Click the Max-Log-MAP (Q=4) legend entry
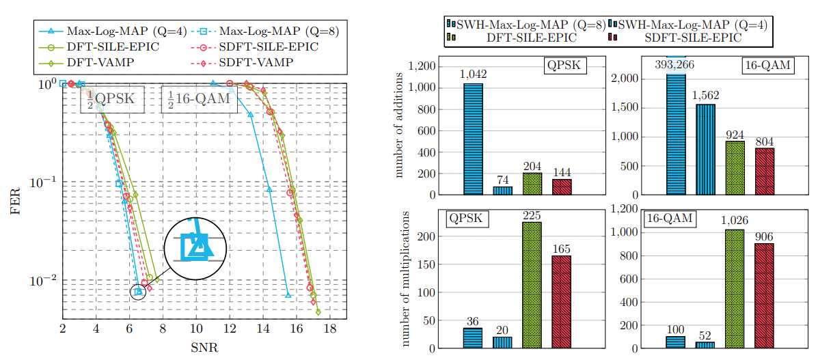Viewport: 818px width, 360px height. tap(109, 31)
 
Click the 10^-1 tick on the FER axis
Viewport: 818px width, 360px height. tap(43, 183)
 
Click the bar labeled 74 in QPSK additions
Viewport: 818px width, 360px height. tap(502, 191)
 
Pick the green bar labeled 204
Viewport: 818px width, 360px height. tap(532, 184)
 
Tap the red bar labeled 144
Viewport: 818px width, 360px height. tap(561, 186)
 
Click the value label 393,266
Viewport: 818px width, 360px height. tap(676, 66)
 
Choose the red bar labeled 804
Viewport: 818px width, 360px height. tap(764, 171)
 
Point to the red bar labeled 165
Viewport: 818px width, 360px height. tap(561, 301)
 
